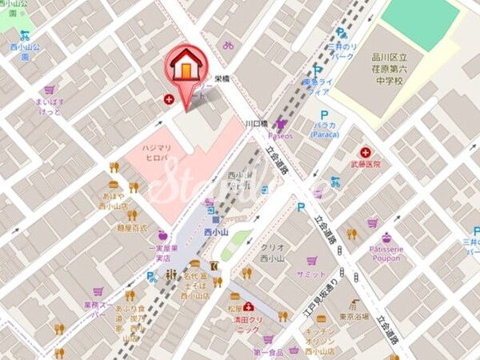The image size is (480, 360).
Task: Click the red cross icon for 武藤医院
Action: coord(366,152)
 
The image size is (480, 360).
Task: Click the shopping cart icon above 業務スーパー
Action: coord(98,291)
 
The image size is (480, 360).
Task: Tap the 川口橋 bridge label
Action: coord(255,124)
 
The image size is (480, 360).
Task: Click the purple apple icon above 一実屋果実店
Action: coord(164,235)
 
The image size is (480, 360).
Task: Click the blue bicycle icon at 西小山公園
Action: coord(25,35)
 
